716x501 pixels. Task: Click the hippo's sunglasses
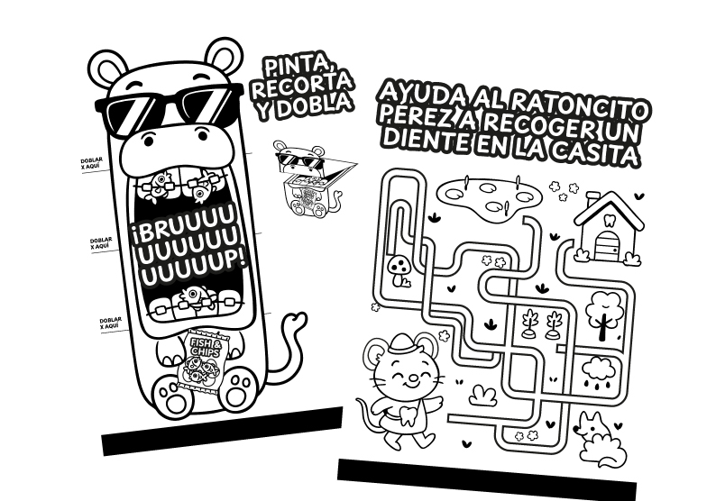coord(169,110)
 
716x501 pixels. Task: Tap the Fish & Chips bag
coord(202,360)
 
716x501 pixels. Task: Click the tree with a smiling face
coord(604,315)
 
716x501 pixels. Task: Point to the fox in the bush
coord(597,439)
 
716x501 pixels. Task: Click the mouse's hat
coord(402,342)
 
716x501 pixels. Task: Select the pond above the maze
coord(488,197)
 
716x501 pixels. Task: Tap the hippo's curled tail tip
coord(299,317)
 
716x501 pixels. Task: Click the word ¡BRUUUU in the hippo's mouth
coord(186,227)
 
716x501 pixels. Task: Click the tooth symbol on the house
coord(609,222)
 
